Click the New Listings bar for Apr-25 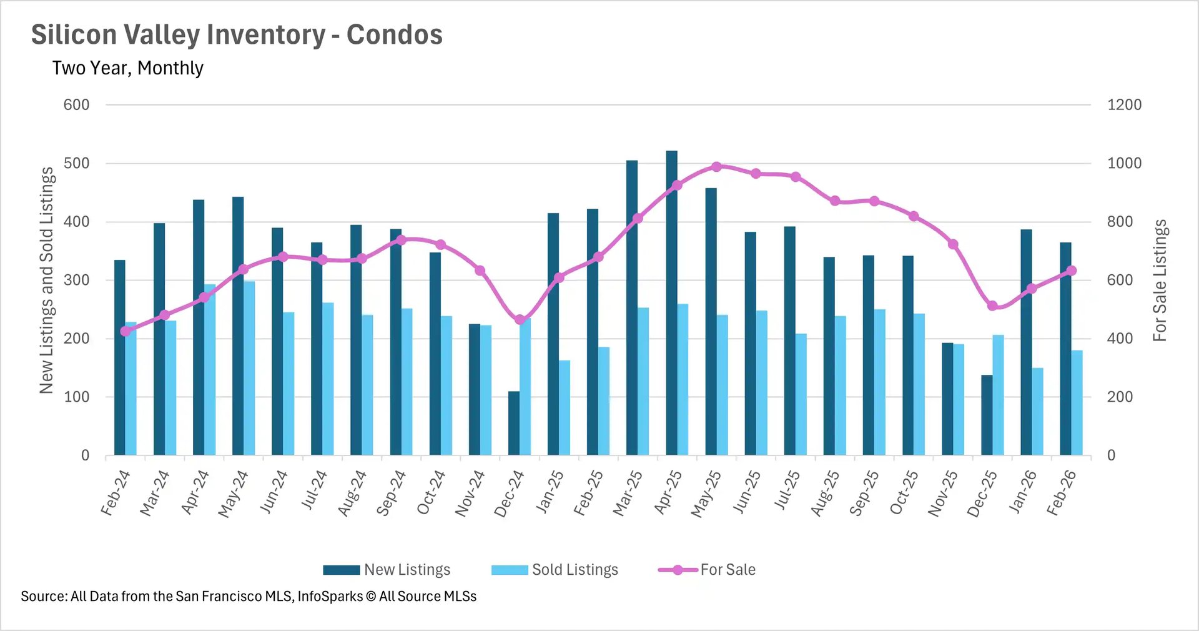(x=671, y=303)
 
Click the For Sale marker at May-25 (x=716, y=167)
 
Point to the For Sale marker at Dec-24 (x=520, y=320)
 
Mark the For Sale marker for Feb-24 (x=126, y=331)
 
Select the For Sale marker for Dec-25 (x=992, y=306)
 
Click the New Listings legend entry (x=387, y=570)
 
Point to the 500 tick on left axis (x=76, y=164)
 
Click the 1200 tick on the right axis (x=1124, y=105)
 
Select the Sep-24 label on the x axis (x=392, y=494)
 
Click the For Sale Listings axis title (x=1160, y=281)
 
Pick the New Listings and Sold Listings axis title (x=47, y=281)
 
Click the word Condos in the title (x=394, y=35)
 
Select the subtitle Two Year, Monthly (x=128, y=67)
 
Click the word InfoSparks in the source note (x=330, y=596)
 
